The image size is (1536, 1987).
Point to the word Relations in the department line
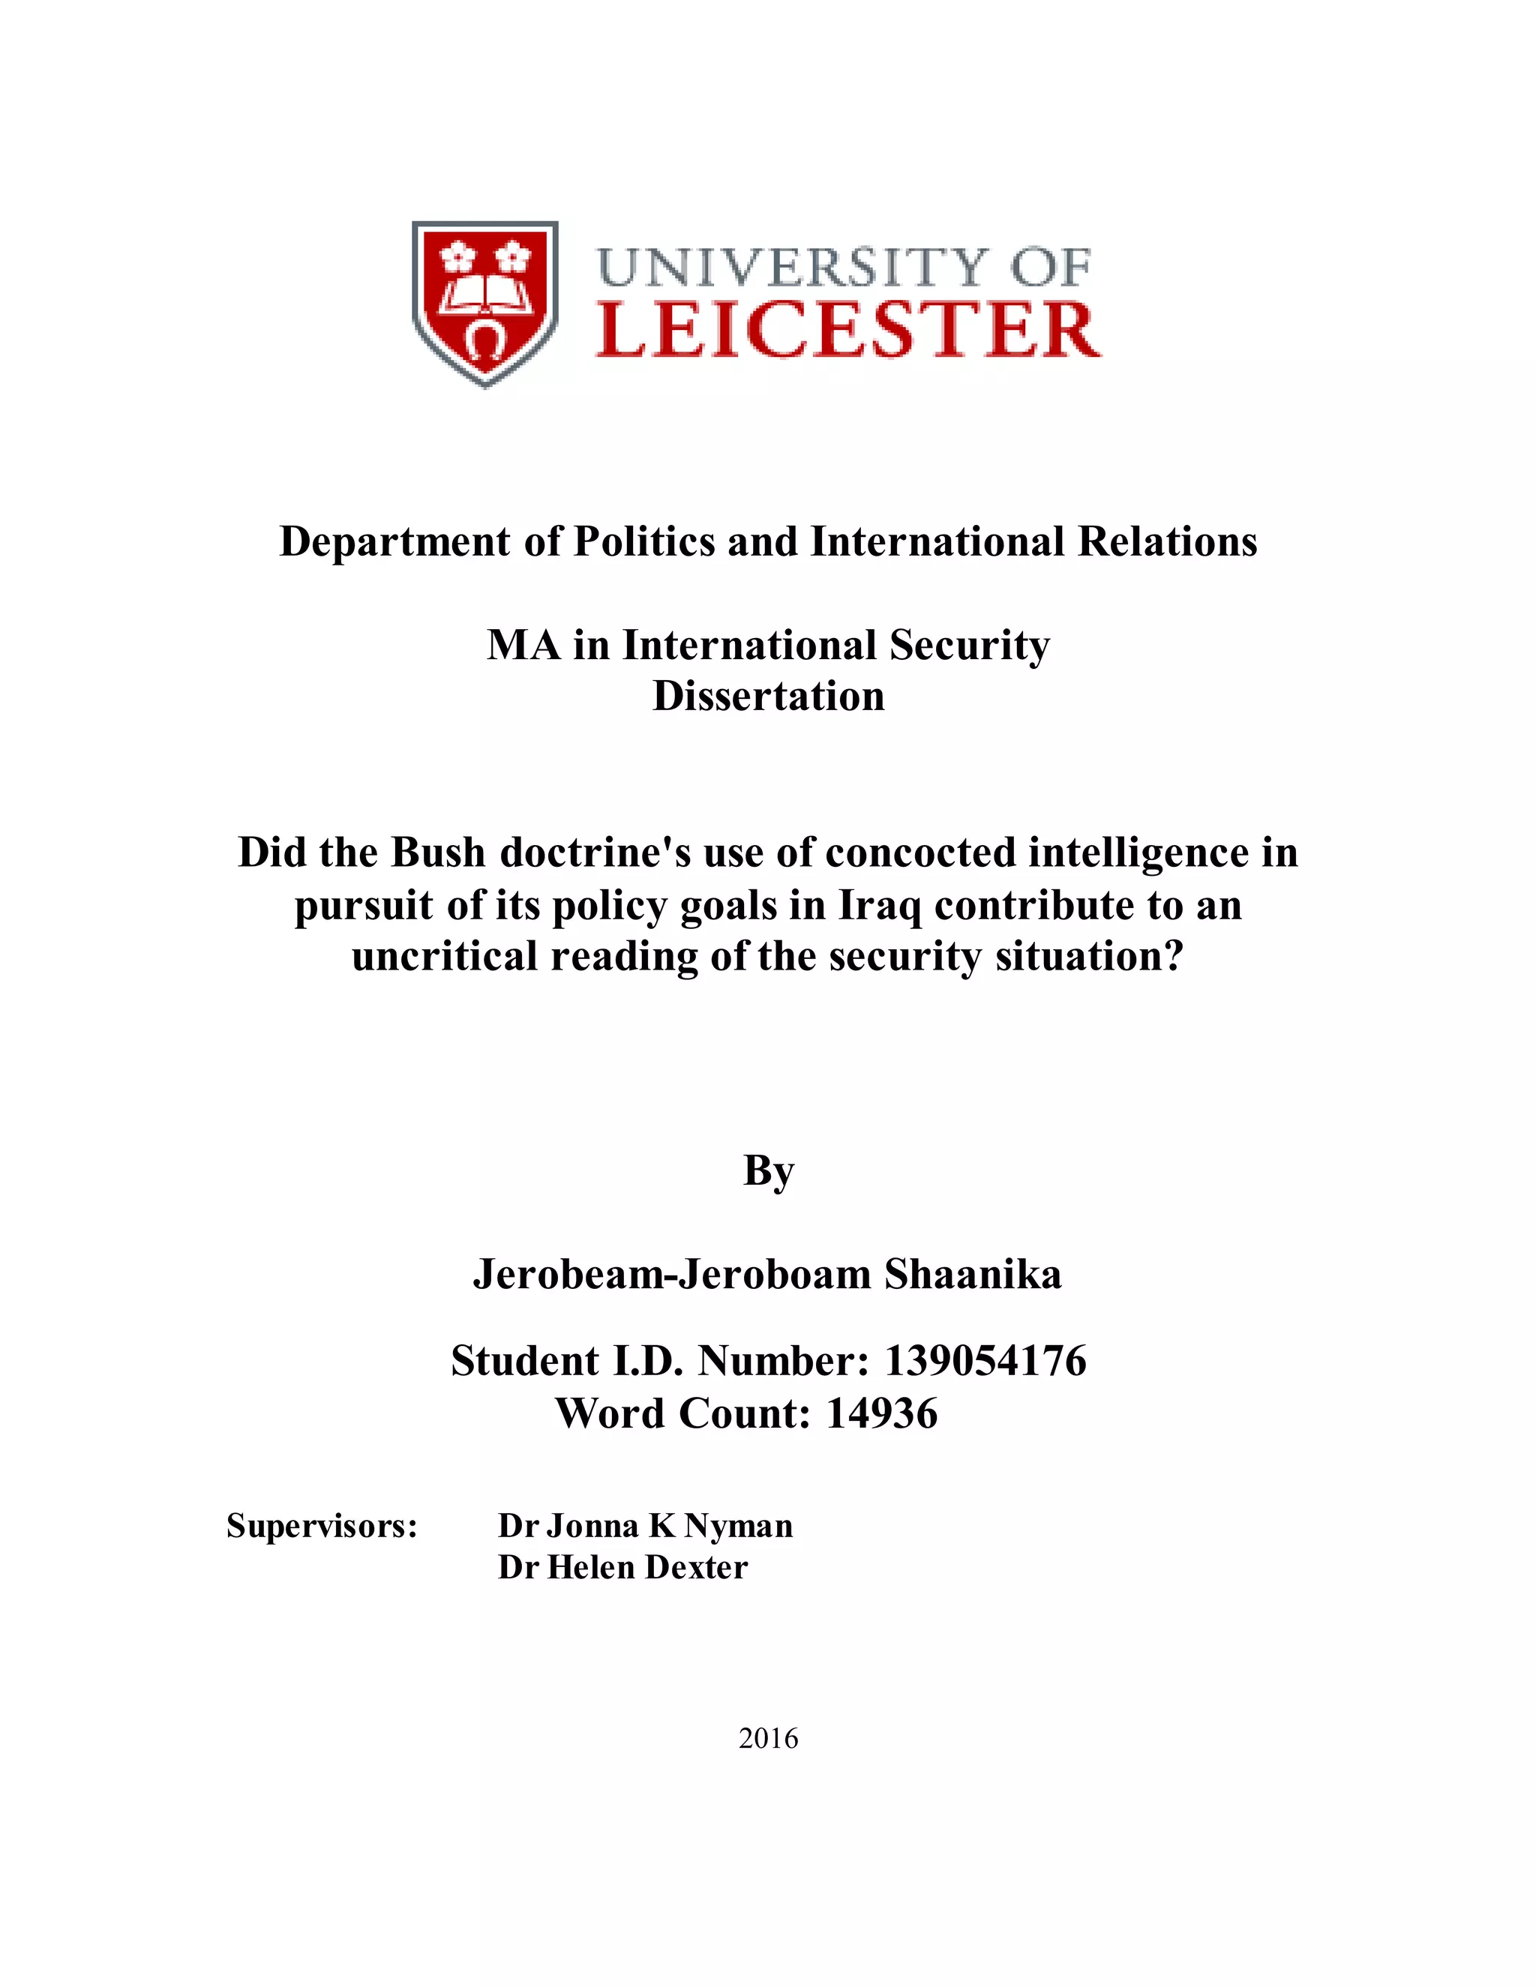point(1168,541)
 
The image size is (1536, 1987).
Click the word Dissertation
point(768,696)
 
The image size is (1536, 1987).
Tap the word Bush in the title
point(439,853)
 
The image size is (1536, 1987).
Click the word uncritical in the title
point(444,956)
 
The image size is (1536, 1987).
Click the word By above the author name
point(768,1171)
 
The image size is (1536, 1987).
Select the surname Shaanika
point(973,1275)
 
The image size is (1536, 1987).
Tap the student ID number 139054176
point(985,1361)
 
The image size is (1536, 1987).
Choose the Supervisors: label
point(322,1526)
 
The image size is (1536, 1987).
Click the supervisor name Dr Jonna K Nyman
point(645,1526)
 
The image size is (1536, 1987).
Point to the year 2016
point(768,1739)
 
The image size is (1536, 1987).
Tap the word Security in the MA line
point(969,645)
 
